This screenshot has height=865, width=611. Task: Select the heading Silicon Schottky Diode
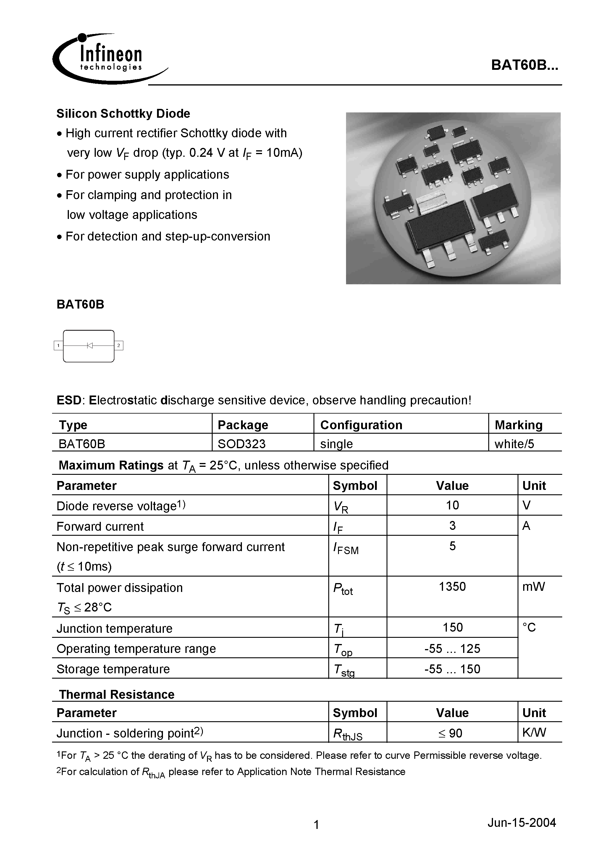(x=123, y=113)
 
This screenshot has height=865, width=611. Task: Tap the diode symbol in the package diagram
(x=90, y=345)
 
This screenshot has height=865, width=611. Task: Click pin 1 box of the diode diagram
(x=58, y=345)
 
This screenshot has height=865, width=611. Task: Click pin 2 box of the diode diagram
(x=119, y=345)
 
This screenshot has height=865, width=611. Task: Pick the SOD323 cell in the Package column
(x=241, y=444)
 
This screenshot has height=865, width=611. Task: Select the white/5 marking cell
(x=514, y=444)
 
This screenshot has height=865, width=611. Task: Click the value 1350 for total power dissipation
(x=452, y=586)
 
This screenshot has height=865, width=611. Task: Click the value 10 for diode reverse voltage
(x=452, y=505)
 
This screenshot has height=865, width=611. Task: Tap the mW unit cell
(x=534, y=586)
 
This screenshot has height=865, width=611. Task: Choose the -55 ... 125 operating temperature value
(x=452, y=648)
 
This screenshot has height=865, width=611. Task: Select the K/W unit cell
(x=534, y=732)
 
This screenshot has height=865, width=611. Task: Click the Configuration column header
(x=361, y=425)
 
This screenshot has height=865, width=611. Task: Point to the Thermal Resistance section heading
(x=117, y=694)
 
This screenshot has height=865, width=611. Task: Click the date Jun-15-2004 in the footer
(x=521, y=822)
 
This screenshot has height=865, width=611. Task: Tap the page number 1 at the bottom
(x=316, y=825)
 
